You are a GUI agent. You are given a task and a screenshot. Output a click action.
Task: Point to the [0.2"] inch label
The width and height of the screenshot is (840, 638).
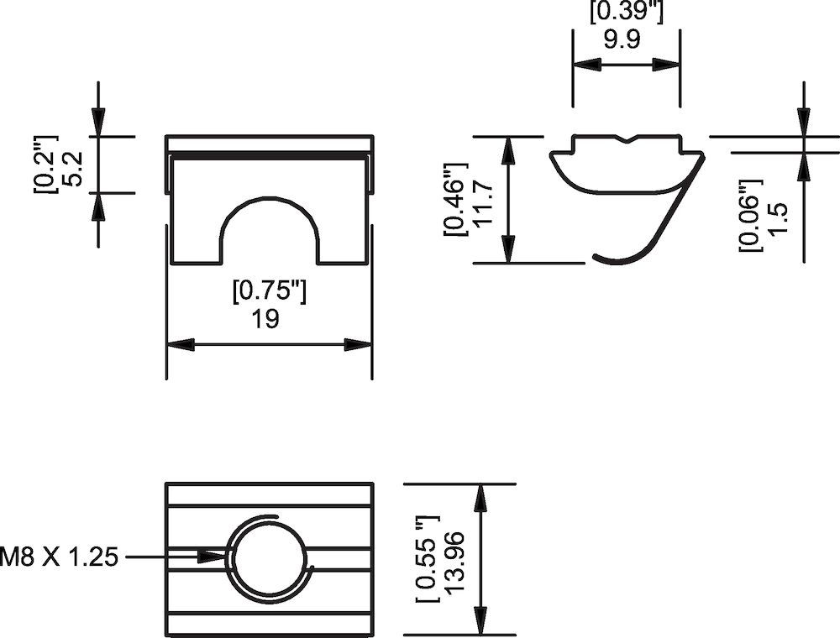pyautogui.click(x=45, y=164)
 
